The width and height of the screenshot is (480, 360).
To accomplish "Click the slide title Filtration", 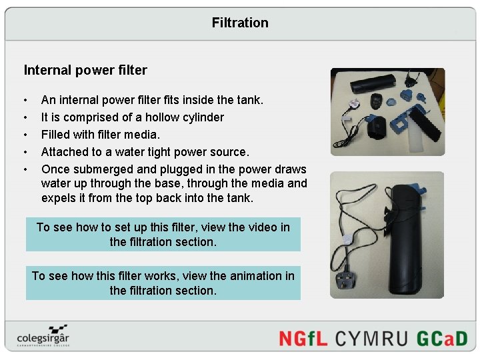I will (x=240, y=23).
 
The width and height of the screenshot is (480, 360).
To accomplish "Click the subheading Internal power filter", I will (x=85, y=70).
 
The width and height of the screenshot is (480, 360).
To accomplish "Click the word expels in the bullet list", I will (x=58, y=199).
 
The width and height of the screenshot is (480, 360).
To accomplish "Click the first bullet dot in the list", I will (x=25, y=101).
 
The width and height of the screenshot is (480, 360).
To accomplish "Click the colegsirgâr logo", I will (x=44, y=335).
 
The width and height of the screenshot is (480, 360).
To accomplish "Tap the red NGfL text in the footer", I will (x=304, y=338).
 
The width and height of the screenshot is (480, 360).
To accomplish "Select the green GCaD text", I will (x=442, y=338).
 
